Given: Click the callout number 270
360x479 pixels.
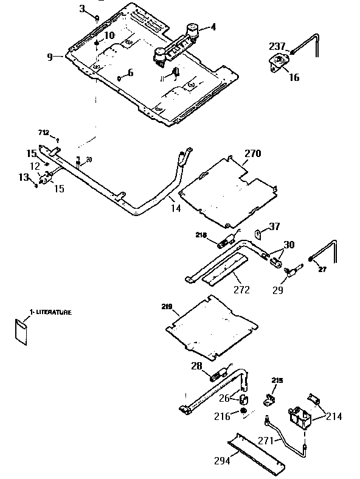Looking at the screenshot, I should [252, 153].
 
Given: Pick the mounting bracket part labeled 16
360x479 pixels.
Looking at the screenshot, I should [279, 63].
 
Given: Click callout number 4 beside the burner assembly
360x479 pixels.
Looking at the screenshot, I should [213, 27].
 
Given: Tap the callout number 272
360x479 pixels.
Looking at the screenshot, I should [241, 290].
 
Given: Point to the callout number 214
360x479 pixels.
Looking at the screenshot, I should [333, 416].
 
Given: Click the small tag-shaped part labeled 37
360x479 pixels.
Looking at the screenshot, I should [257, 232].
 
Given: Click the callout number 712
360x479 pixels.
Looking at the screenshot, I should [43, 132].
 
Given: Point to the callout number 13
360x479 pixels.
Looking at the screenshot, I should [24, 177].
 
